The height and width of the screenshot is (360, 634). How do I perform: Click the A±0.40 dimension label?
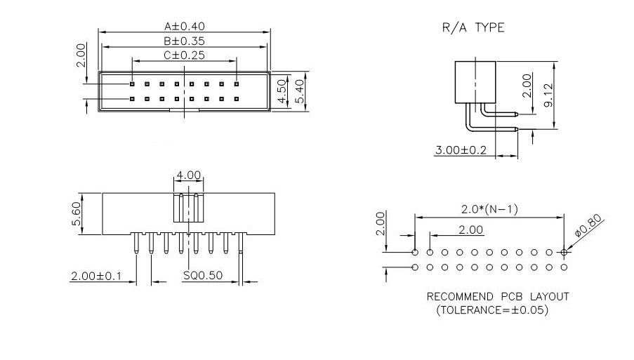click(185, 27)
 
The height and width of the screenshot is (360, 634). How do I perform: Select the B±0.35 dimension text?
click(185, 41)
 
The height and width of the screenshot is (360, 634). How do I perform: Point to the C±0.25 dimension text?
click(185, 55)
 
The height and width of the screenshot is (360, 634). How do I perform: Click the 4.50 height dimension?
click(282, 91)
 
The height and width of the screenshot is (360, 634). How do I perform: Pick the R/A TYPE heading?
click(473, 28)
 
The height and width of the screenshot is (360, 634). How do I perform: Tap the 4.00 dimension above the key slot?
click(189, 175)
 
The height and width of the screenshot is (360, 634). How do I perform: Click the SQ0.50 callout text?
click(203, 276)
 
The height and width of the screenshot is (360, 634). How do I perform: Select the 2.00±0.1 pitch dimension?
click(95, 276)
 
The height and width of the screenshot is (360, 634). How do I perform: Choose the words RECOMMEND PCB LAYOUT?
click(498, 296)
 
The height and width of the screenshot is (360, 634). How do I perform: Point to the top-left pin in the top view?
click(131, 84)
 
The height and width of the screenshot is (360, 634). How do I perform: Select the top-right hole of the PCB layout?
click(565, 252)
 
